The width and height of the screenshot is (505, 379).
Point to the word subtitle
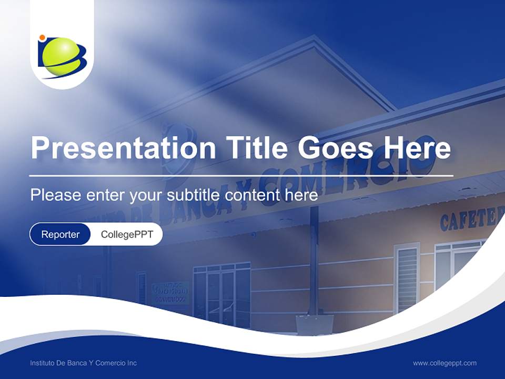(194, 195)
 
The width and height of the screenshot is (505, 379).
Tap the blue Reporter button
(60, 234)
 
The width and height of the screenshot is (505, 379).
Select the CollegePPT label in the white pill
(127, 234)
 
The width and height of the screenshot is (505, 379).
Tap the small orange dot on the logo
(42, 38)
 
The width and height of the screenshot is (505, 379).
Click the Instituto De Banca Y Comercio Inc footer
(83, 363)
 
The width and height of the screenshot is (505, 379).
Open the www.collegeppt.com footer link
(445, 363)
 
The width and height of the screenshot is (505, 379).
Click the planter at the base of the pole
(315, 324)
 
